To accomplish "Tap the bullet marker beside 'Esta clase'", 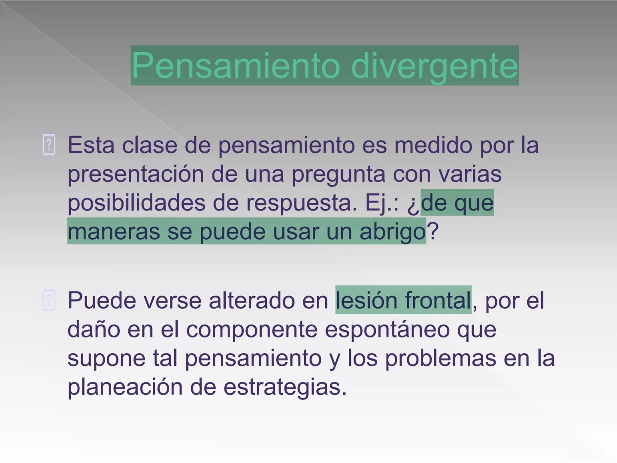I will click(x=49, y=145).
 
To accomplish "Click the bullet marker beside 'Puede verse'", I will click(x=49, y=300).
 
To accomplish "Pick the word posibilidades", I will click(x=136, y=203).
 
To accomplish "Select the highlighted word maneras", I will click(x=114, y=231).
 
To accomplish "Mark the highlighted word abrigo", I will click(x=392, y=231).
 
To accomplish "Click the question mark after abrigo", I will click(x=433, y=231).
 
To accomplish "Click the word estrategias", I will click(x=284, y=387).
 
